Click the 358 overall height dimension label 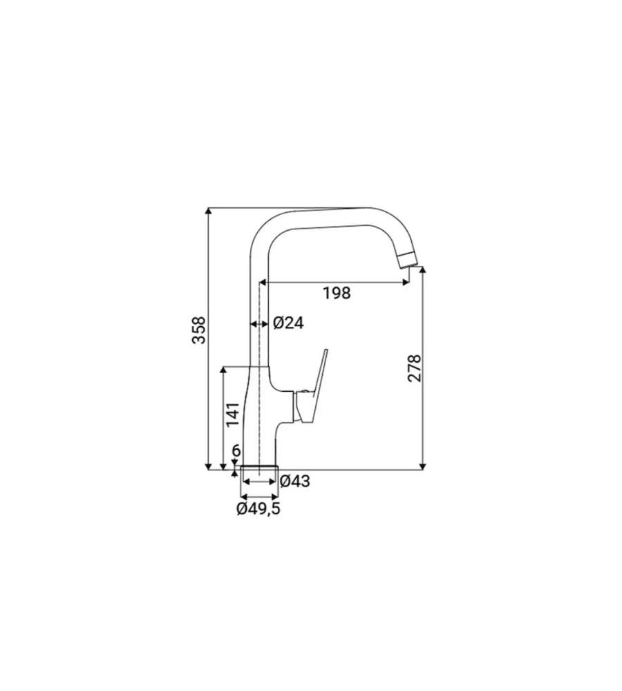(x=199, y=330)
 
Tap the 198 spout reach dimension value (x=337, y=292)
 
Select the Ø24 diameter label (x=288, y=323)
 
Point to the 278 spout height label (x=415, y=368)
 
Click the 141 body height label (x=233, y=414)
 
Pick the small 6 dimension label (x=236, y=451)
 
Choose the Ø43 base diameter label (x=295, y=481)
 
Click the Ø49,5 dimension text (x=258, y=509)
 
